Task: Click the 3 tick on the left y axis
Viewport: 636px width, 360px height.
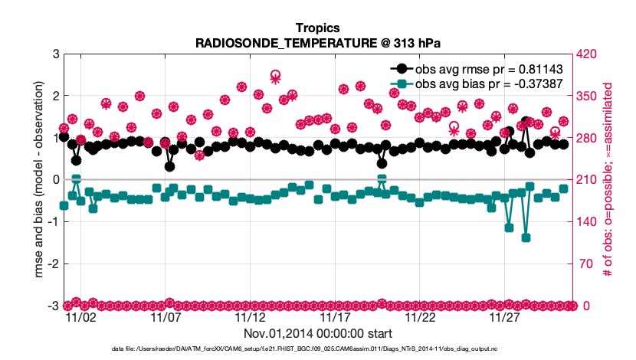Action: click(x=56, y=54)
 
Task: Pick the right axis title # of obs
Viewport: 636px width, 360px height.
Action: click(x=608, y=180)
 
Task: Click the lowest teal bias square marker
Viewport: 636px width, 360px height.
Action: click(x=526, y=238)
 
